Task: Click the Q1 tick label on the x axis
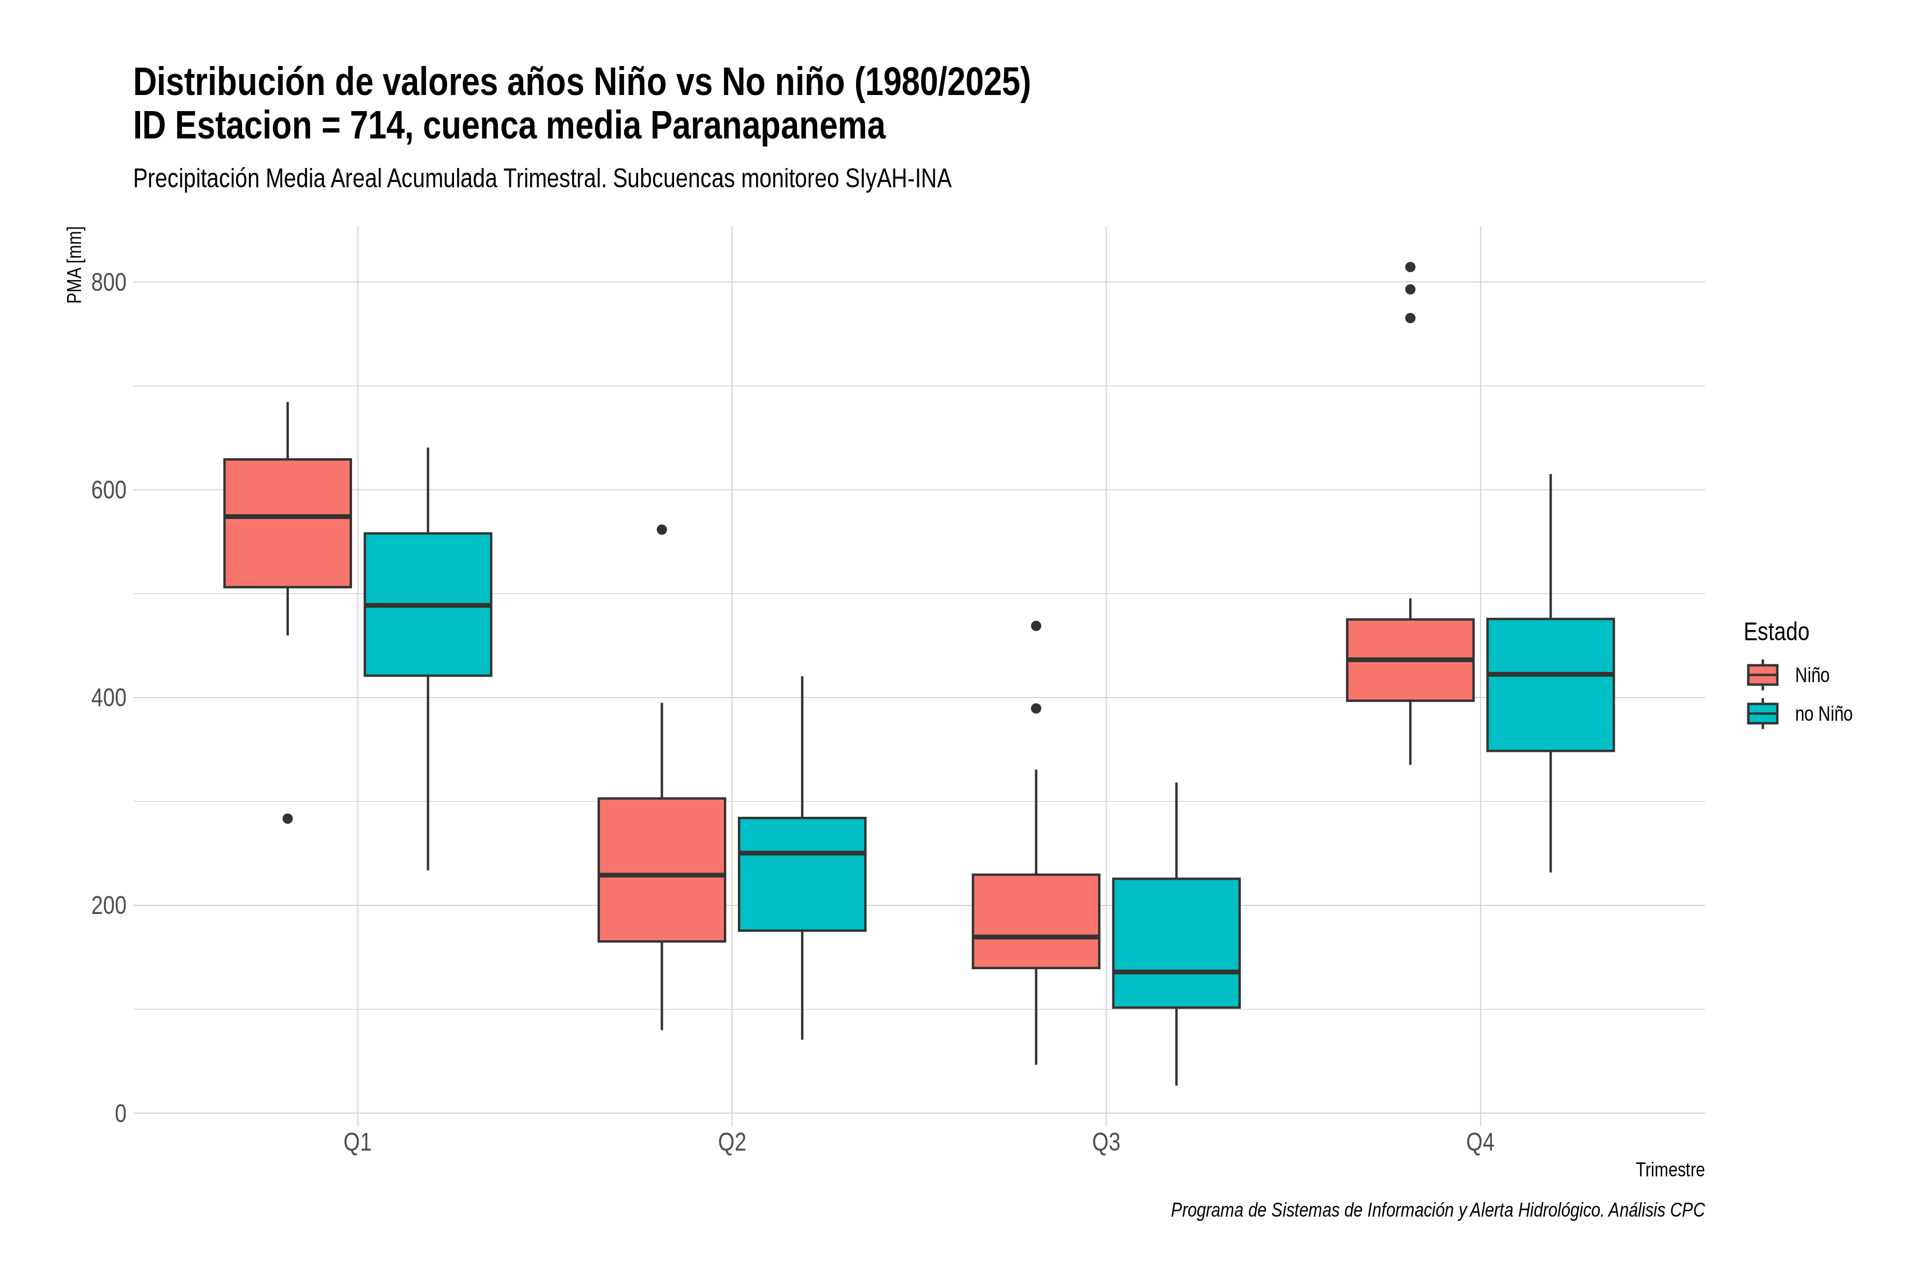tap(357, 1143)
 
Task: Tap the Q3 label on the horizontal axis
tap(1106, 1143)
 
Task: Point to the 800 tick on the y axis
tap(108, 283)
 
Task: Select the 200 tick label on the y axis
tap(108, 906)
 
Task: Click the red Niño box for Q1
tap(288, 523)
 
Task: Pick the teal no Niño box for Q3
tap(1176, 943)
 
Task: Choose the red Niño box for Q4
tap(1410, 660)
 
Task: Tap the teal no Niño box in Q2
tap(802, 874)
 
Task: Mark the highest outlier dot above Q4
tap(1410, 267)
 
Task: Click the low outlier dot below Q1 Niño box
tap(288, 819)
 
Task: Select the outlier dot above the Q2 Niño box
tap(662, 530)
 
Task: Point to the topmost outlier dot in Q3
tap(1036, 626)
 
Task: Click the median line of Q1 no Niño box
tap(428, 605)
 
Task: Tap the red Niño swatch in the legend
tap(1763, 675)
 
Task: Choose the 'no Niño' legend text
tap(1824, 714)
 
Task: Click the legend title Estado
tap(1776, 632)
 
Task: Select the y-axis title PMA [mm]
tap(75, 265)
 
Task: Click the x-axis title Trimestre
tap(1670, 1170)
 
